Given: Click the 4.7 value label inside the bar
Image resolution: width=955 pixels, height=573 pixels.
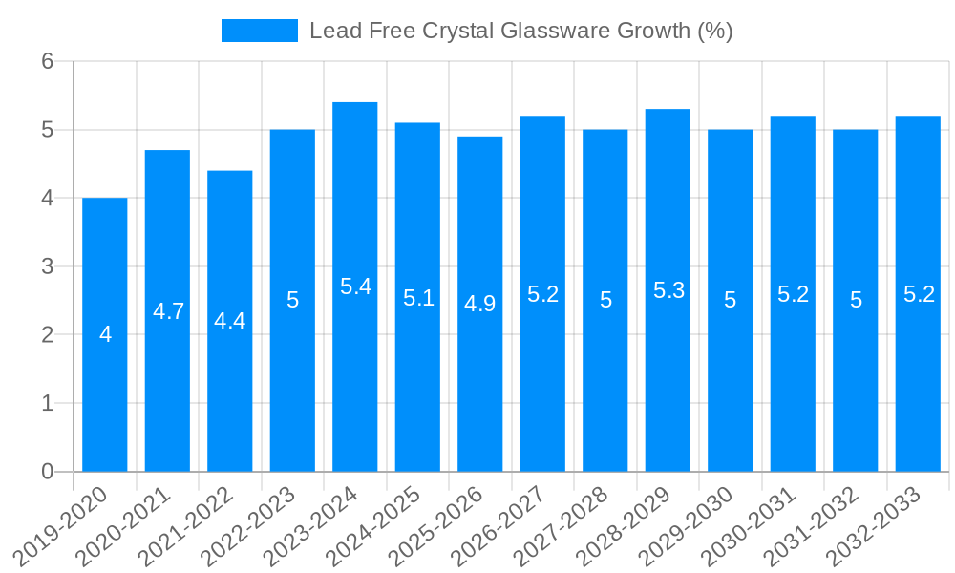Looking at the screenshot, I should click(168, 311).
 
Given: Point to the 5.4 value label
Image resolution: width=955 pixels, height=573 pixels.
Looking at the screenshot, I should click(355, 286).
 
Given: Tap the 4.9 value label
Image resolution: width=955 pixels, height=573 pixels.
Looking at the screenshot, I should click(480, 304).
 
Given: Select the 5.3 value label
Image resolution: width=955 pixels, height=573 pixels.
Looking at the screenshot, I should click(668, 290).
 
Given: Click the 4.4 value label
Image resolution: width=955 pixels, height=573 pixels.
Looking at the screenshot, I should click(230, 321).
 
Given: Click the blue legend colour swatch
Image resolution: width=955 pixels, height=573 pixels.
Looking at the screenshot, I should click(259, 31).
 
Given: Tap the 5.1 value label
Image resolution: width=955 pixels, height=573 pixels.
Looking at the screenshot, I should click(418, 298).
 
